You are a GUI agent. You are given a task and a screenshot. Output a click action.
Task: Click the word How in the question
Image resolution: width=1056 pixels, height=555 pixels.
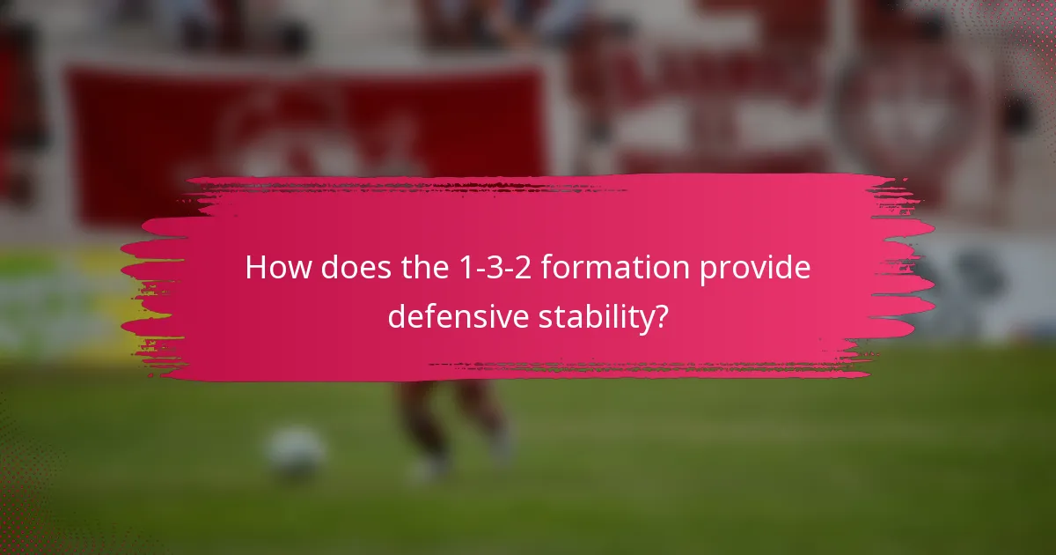[x=276, y=268]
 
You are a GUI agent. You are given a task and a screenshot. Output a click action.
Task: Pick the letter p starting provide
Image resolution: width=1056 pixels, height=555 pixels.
[x=708, y=270]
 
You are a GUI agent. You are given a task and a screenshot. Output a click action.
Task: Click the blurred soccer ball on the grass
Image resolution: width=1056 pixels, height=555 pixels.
[x=296, y=451]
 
